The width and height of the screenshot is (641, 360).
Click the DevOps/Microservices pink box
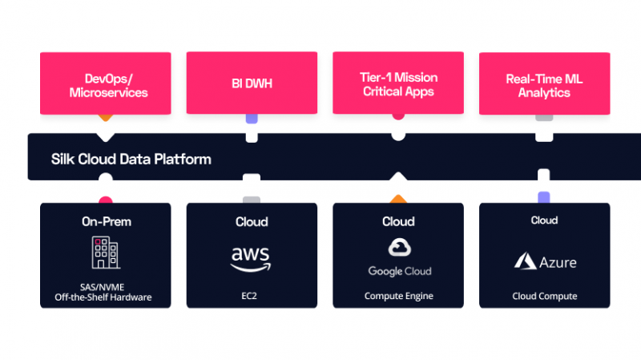coord(105,85)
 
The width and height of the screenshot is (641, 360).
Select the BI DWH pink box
coord(252,82)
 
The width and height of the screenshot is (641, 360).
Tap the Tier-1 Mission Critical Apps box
coord(397,84)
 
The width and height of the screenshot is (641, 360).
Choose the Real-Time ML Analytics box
coord(544,85)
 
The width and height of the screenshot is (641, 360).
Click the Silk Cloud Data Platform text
coord(131,159)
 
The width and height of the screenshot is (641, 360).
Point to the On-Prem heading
coord(105,221)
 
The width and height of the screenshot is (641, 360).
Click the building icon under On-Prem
coord(105,253)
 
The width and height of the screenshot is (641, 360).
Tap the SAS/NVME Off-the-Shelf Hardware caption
coord(105,293)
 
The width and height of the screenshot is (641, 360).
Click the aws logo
coord(252,257)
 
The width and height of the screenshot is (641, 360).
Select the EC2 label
coord(252,296)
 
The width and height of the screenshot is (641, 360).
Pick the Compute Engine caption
coord(397,296)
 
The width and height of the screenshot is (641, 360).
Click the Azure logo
coord(544,261)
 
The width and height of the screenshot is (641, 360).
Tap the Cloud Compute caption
coord(544,296)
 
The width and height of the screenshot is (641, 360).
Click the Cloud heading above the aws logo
coord(252,221)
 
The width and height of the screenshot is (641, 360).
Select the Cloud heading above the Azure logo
coord(544,220)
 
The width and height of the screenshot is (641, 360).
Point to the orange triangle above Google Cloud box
coord(398,198)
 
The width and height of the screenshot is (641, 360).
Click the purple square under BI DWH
coord(252,118)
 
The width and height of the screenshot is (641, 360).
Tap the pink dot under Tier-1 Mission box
coord(398,115)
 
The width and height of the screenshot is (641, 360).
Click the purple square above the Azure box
coord(544,197)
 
